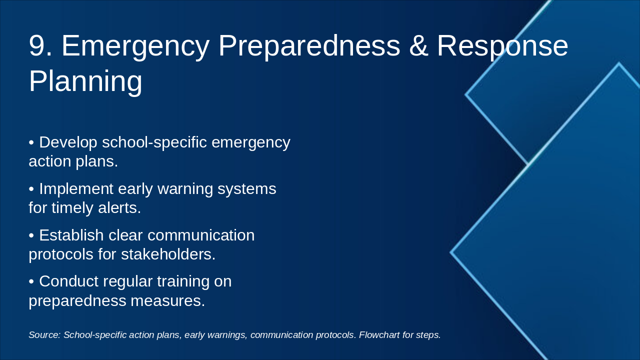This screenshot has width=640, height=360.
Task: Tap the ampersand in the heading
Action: pos(418,45)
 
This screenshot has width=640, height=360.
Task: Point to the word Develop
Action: pos(68,142)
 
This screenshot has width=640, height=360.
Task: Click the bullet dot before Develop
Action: pos(31,142)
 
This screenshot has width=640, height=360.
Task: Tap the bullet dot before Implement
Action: pos(31,189)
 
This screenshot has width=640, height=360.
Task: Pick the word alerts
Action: pos(119,207)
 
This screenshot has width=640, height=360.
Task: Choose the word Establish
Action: pos(71,235)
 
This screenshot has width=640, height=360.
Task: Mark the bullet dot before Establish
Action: pos(31,235)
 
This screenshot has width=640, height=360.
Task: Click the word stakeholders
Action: pos(168,254)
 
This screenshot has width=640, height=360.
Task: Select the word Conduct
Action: pos(69,281)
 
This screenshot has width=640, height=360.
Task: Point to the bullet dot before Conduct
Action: pos(31,281)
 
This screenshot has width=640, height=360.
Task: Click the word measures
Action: pos(167,301)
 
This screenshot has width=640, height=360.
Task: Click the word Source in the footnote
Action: pos(45,335)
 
